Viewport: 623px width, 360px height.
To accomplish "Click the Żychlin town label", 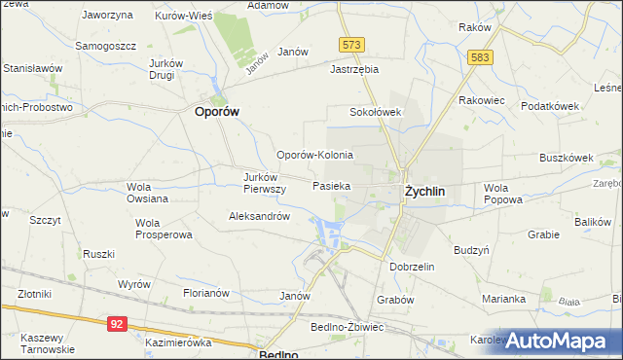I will (424, 192).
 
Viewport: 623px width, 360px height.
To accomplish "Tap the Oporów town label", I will (213, 111).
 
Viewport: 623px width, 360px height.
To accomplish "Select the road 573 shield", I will (352, 45).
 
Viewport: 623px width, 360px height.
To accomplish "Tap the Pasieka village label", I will (332, 185).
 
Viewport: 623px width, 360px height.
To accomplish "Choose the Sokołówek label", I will (377, 112).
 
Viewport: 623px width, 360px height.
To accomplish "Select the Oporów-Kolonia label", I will (314, 155).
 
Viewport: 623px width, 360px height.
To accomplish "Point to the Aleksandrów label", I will (259, 217).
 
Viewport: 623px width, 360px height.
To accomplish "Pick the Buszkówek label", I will (567, 157).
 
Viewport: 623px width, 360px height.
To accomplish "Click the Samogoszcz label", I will (106, 46).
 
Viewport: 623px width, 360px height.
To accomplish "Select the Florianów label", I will (205, 292).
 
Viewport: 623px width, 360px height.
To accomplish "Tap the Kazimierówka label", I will (178, 343).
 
